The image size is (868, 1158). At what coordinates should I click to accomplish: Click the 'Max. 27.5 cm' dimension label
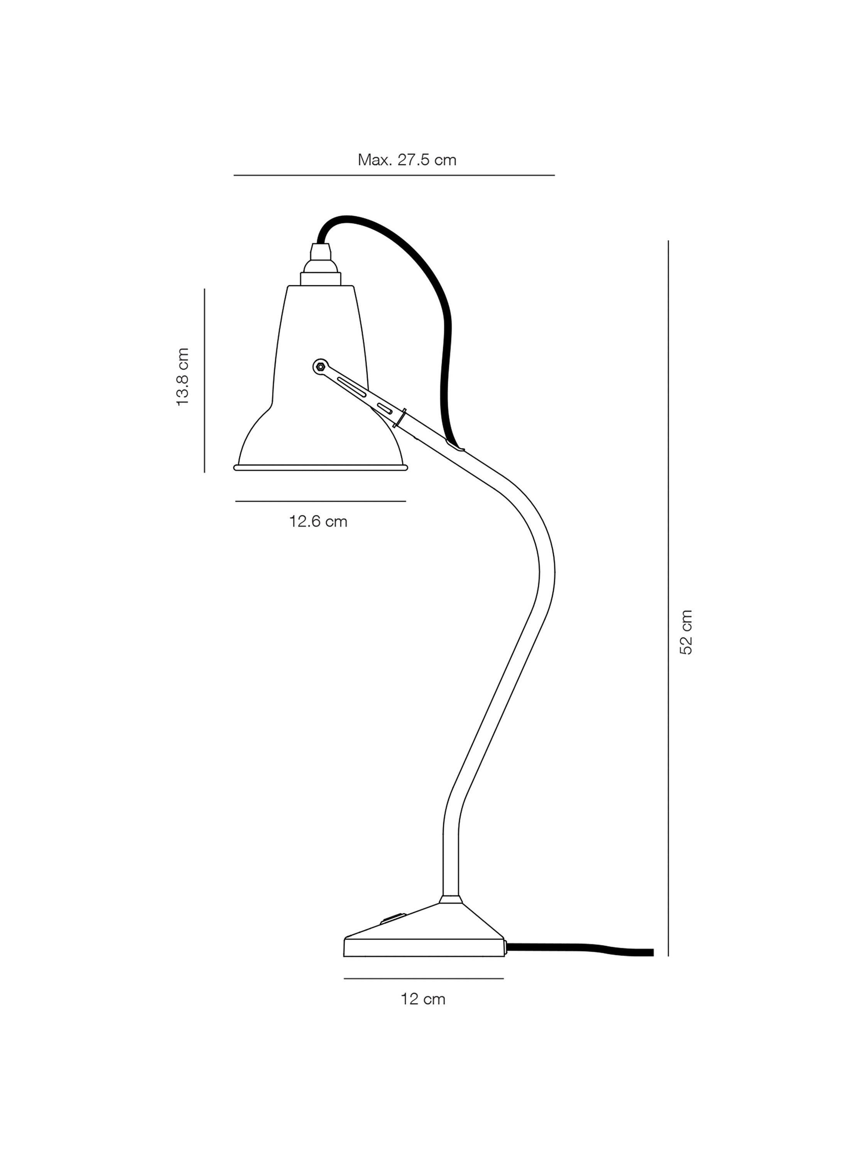pyautogui.click(x=407, y=160)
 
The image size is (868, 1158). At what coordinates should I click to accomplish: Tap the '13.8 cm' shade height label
pyautogui.click(x=182, y=377)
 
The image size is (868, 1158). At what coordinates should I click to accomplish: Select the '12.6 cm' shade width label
pyautogui.click(x=318, y=521)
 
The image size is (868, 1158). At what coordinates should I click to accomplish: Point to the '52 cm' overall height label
pyautogui.click(x=686, y=632)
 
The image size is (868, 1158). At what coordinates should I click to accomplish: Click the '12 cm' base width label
pyautogui.click(x=423, y=999)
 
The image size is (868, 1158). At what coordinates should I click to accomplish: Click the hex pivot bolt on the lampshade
pyautogui.click(x=321, y=367)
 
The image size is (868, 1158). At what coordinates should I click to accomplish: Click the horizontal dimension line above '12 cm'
pyautogui.click(x=423, y=978)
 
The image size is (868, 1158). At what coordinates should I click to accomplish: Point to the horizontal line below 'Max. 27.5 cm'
pyautogui.click(x=394, y=175)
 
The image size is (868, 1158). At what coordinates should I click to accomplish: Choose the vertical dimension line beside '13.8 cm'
pyautogui.click(x=204, y=381)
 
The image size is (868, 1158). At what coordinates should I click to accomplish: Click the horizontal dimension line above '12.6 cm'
pyautogui.click(x=320, y=501)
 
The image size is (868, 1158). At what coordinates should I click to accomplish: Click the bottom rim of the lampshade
pyautogui.click(x=320, y=467)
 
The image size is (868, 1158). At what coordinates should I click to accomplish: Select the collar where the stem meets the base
pyautogui.click(x=451, y=899)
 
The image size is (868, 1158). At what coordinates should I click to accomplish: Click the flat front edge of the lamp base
pyautogui.click(x=424, y=948)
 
